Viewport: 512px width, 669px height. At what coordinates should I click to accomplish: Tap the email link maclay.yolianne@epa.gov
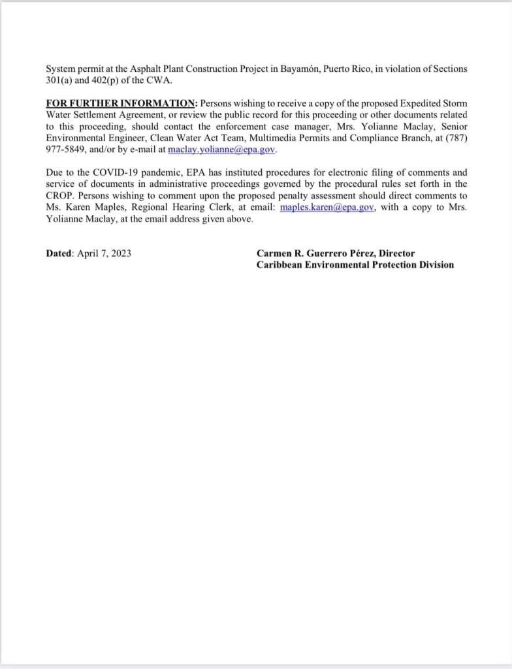click(x=222, y=150)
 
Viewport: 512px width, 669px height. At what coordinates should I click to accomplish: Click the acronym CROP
click(x=61, y=196)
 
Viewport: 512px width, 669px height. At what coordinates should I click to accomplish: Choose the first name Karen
click(x=75, y=207)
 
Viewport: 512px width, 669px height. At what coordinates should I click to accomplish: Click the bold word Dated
click(x=59, y=253)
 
